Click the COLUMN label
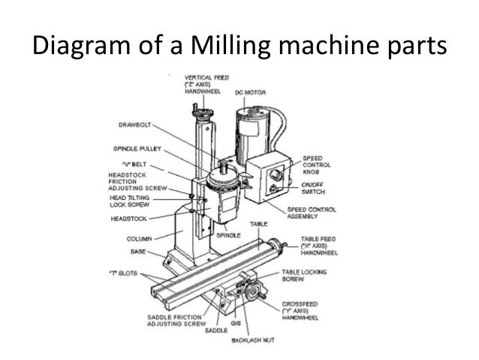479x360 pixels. (x=139, y=239)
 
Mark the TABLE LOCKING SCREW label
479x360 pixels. (x=306, y=277)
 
